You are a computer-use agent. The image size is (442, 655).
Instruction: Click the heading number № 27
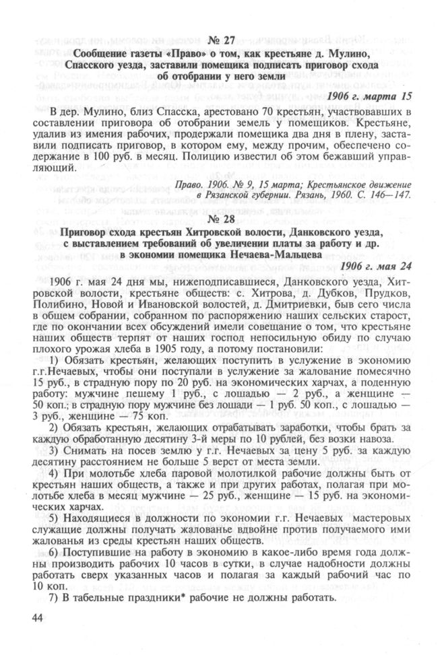pyautogui.click(x=220, y=39)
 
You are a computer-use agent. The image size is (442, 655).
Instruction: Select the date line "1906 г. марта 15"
pyautogui.click(x=369, y=96)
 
